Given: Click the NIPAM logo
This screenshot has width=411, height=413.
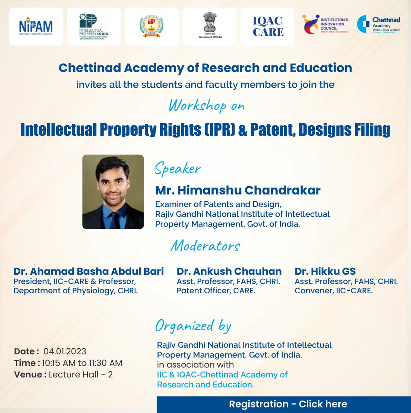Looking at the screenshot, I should (36, 27).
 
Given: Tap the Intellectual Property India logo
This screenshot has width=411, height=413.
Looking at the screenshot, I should (94, 27).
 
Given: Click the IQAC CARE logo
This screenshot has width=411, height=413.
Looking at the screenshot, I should (268, 27).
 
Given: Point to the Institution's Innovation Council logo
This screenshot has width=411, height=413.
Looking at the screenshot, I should (325, 24).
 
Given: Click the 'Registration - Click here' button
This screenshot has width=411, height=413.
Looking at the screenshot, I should (288, 404).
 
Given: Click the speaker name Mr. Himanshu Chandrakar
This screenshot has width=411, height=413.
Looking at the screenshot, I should (238, 190).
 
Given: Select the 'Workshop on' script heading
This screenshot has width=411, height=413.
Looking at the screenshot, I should (206, 106).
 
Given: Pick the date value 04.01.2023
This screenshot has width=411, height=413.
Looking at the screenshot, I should (65, 351).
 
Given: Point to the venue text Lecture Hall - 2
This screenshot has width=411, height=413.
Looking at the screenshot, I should (81, 374).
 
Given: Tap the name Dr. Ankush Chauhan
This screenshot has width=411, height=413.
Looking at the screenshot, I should (229, 271).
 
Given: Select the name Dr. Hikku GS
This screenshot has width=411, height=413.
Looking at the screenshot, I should (325, 271).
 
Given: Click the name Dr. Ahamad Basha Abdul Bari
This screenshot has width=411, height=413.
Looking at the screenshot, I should (89, 271).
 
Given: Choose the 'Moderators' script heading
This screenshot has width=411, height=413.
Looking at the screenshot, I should (205, 246).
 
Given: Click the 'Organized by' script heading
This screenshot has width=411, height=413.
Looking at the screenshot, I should (193, 326).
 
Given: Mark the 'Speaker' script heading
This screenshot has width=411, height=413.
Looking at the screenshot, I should (178, 169).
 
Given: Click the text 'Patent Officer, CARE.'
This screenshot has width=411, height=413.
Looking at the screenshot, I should (216, 291).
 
